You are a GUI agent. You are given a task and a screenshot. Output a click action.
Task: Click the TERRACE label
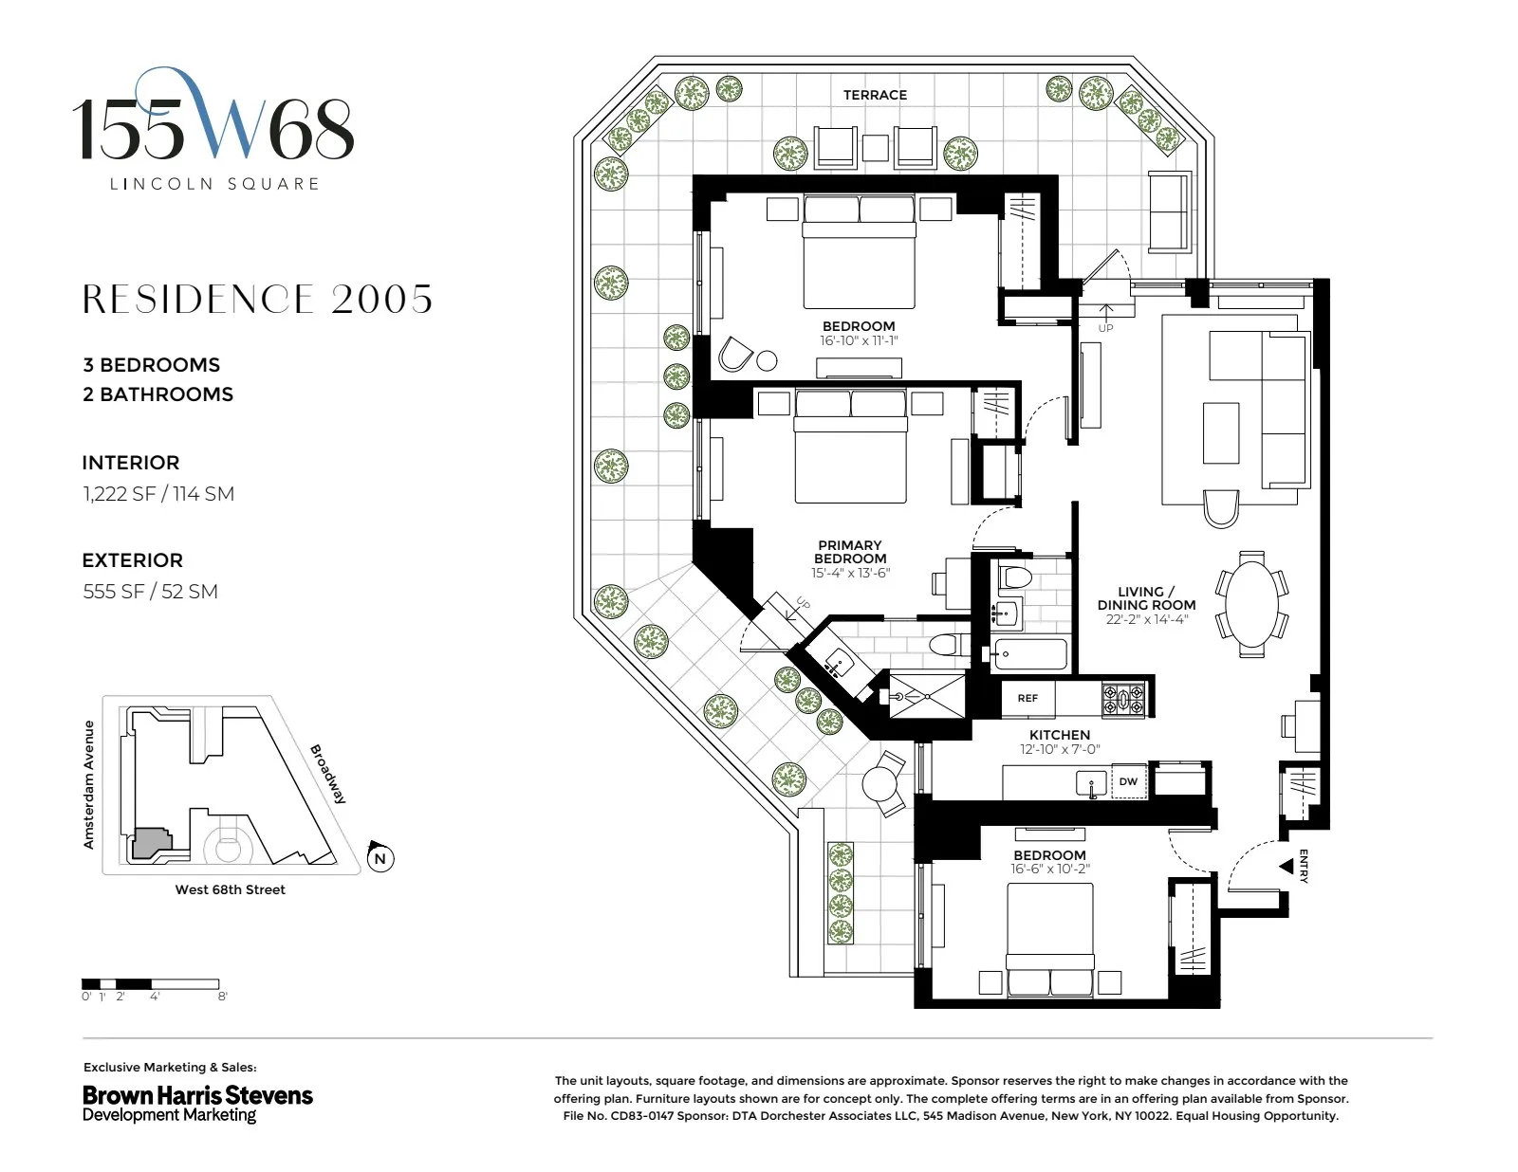(x=875, y=95)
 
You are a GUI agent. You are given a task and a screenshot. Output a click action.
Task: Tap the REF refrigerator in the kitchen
(x=1027, y=698)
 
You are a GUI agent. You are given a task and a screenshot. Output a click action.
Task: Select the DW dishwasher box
(x=1128, y=782)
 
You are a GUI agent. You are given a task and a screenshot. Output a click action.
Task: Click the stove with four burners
(x=1123, y=700)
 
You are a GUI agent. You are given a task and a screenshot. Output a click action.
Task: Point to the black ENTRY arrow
(x=1287, y=866)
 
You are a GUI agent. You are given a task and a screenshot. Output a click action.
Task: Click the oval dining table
(x=1252, y=603)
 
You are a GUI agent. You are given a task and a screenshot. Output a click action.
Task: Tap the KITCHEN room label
(x=1060, y=735)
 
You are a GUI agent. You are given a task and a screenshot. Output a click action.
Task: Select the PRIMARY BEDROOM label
(x=850, y=552)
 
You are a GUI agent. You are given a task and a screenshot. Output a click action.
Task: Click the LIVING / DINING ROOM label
(x=1146, y=598)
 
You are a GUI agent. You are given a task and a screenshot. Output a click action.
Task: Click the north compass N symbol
(x=380, y=858)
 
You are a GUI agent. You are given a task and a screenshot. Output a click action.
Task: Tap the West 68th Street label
(x=230, y=889)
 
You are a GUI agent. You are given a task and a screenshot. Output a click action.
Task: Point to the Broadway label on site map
(x=328, y=774)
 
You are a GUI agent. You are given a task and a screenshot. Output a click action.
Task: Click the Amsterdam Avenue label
(x=89, y=784)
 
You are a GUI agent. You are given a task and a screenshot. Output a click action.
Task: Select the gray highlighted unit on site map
(x=150, y=843)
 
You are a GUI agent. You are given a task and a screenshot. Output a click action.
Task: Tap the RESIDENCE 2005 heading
(x=257, y=300)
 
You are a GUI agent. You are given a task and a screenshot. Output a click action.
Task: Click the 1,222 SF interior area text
(x=157, y=494)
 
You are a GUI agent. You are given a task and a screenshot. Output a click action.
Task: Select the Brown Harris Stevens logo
(x=197, y=1103)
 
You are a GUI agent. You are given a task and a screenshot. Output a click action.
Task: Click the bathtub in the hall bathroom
(x=1029, y=654)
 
